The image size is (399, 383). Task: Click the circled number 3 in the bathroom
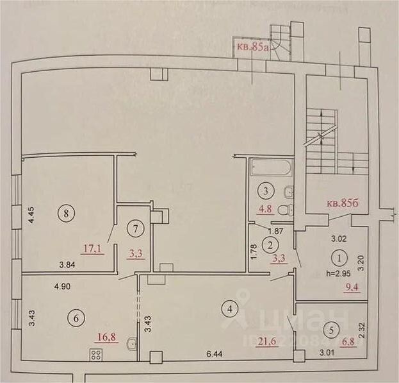click(264, 190)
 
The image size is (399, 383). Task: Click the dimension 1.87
click(275, 231)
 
